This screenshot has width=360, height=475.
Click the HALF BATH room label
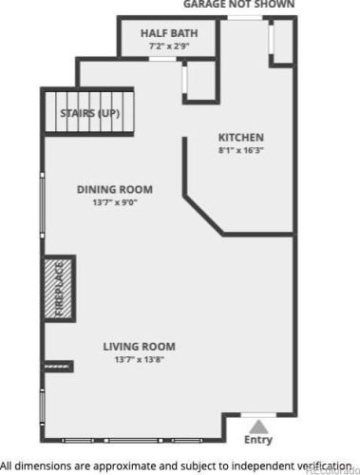click(x=169, y=33)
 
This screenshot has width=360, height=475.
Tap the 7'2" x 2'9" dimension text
click(x=169, y=47)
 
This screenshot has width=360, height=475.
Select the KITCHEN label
click(x=241, y=138)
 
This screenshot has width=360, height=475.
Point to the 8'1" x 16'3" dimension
click(x=241, y=150)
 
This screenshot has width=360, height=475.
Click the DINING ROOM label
click(x=115, y=189)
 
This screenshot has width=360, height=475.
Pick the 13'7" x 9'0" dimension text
click(x=115, y=202)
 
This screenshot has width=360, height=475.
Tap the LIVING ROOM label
click(x=139, y=347)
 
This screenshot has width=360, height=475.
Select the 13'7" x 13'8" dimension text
click(x=139, y=359)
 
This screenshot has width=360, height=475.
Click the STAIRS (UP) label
click(x=90, y=113)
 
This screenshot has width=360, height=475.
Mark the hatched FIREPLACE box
click(x=58, y=289)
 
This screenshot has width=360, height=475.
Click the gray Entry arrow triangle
click(x=258, y=427)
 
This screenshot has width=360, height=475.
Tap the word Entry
click(x=258, y=440)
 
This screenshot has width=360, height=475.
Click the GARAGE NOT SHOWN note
click(x=238, y=4)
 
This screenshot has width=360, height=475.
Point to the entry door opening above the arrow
click(x=258, y=415)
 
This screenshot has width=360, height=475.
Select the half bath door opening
click(x=162, y=59)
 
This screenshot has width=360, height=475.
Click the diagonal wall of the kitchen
click(x=203, y=215)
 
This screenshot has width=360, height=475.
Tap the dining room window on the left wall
click(x=42, y=205)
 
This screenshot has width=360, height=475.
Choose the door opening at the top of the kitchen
click(x=245, y=18)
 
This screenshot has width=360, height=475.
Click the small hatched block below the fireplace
click(x=57, y=367)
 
